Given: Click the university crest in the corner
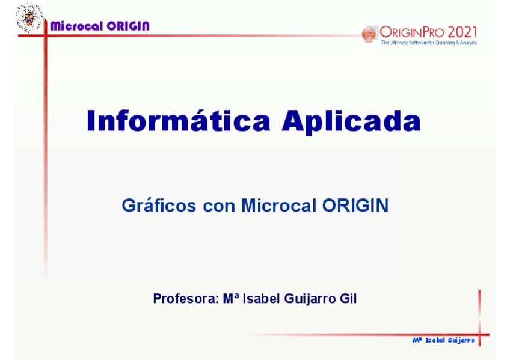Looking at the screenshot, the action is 29,18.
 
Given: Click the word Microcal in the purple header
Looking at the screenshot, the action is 76,26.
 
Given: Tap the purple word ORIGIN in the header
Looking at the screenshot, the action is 128,26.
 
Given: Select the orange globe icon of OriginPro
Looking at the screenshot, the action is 369,34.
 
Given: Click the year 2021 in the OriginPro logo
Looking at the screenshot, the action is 462,32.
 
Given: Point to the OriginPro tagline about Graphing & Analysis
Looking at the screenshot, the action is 429,43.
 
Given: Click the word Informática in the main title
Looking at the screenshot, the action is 179,121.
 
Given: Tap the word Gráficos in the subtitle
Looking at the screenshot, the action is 159,206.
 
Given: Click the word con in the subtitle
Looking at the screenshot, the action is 219,207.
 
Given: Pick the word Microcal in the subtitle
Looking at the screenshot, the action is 278,205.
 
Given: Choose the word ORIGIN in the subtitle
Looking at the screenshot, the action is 355,205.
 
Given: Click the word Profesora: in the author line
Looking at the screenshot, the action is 186,299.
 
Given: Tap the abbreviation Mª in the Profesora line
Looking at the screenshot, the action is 231,298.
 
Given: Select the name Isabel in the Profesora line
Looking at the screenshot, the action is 261,298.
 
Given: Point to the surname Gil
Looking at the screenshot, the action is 348,298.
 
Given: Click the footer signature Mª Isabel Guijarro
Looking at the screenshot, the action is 443,340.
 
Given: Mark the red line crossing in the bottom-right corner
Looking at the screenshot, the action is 480,334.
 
